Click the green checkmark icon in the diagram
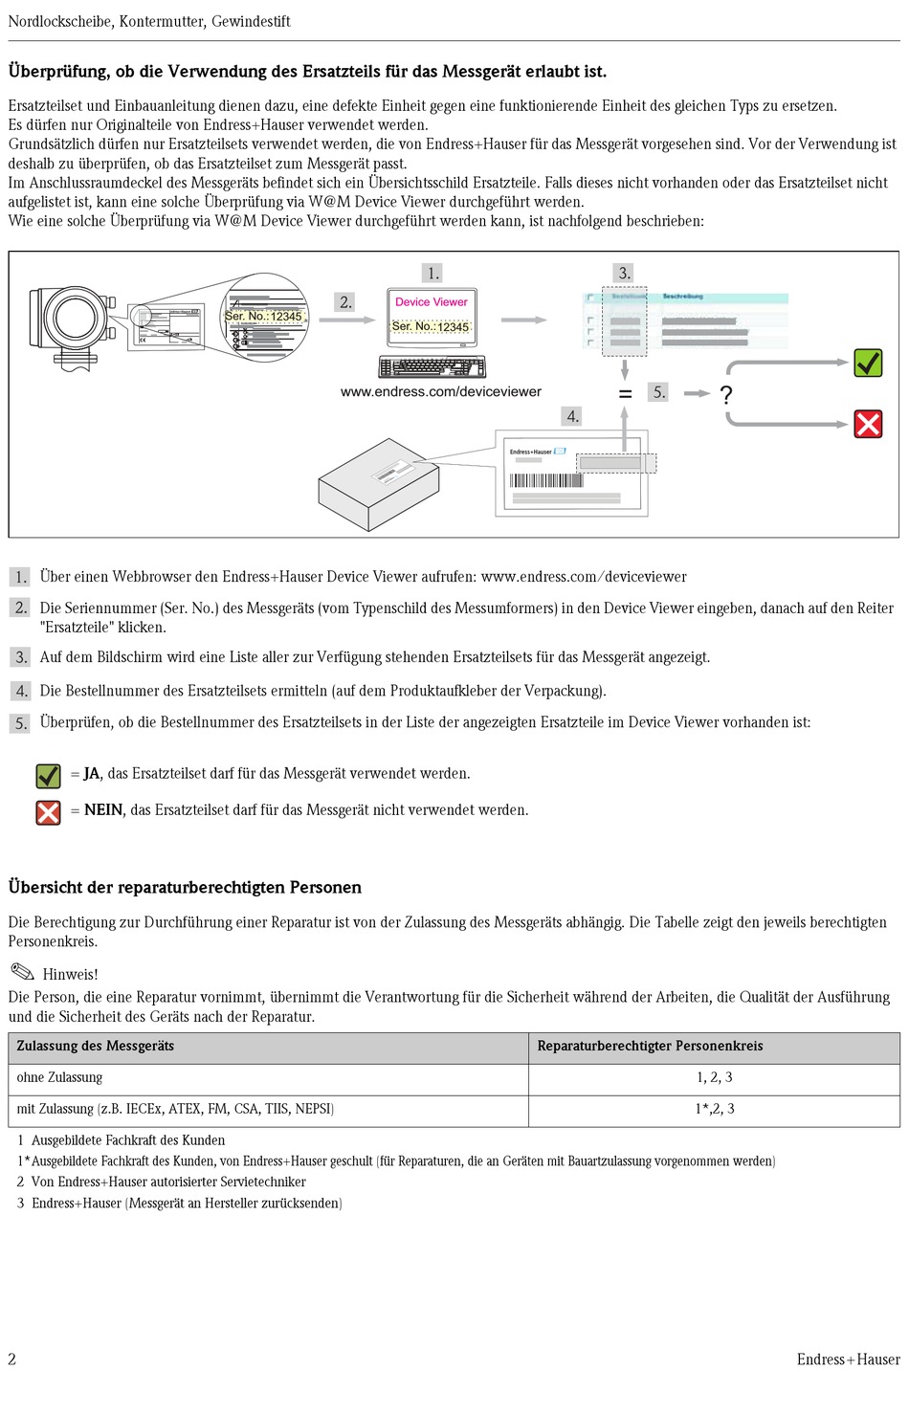pyautogui.click(x=868, y=364)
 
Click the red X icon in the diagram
pyautogui.click(x=868, y=424)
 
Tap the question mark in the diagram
pyautogui.click(x=726, y=394)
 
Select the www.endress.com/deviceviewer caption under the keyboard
pyautogui.click(x=440, y=391)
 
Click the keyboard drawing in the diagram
pyautogui.click(x=432, y=367)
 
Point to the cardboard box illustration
pyautogui.click(x=378, y=483)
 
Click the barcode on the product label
pyautogui.click(x=545, y=480)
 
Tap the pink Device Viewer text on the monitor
pyautogui.click(x=432, y=301)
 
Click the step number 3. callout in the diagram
pyautogui.click(x=624, y=273)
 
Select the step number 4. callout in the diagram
pyautogui.click(x=572, y=416)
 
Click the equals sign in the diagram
pyautogui.click(x=625, y=393)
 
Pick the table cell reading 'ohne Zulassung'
pyautogui.click(x=59, y=1077)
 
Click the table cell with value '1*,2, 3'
pyautogui.click(x=715, y=1109)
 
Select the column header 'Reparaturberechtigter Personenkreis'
pyautogui.click(x=650, y=1046)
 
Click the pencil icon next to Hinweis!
pyautogui.click(x=22, y=971)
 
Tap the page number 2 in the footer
pyautogui.click(x=12, y=1359)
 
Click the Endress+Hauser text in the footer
pyautogui.click(x=848, y=1359)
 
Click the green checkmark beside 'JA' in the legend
pyautogui.click(x=48, y=775)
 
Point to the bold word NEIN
pyautogui.click(x=103, y=810)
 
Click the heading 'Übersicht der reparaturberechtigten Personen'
pyautogui.click(x=185, y=887)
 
